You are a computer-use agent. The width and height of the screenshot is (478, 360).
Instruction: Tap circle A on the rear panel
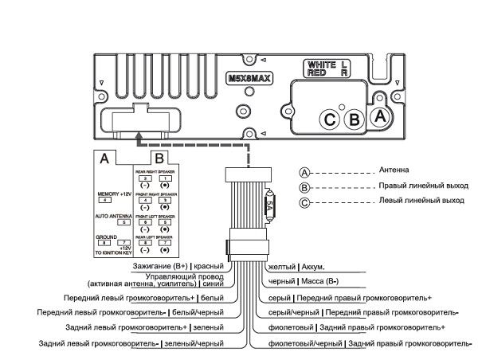click(381, 115)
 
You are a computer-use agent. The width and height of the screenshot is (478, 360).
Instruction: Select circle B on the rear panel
click(356, 120)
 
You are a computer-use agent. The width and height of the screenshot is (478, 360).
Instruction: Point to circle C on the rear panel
click(330, 120)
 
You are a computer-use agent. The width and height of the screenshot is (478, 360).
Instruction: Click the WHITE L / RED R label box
click(327, 68)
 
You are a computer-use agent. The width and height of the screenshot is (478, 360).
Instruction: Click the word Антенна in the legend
click(394, 170)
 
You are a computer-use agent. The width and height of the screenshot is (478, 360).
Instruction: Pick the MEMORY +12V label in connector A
click(113, 194)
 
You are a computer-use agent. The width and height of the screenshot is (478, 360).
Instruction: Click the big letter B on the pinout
click(159, 158)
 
